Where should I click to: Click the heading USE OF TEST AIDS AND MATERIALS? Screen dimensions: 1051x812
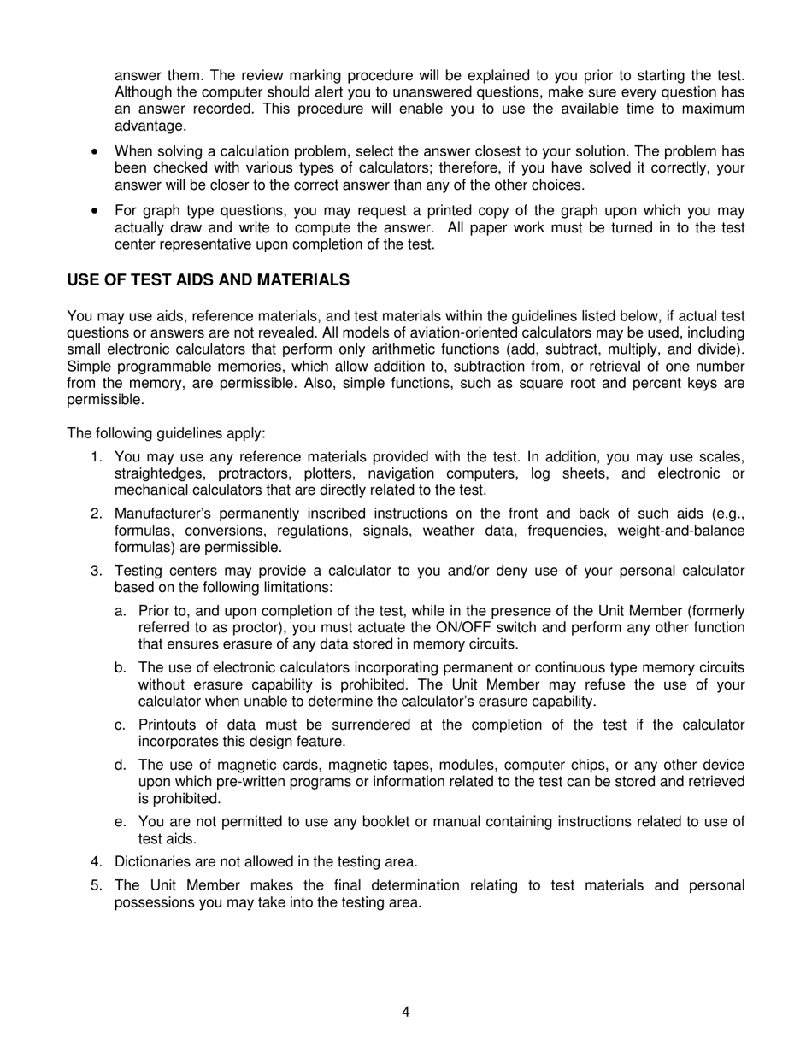pyautogui.click(x=208, y=280)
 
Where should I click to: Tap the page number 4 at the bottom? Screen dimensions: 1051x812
pyautogui.click(x=406, y=1012)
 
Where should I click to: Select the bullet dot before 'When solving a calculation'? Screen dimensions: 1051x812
pyautogui.click(x=95, y=151)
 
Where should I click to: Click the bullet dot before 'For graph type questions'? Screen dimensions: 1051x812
pyautogui.click(x=95, y=211)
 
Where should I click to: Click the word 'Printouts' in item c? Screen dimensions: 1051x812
pyautogui.click(x=168, y=725)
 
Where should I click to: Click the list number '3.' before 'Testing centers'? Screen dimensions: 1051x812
pyautogui.click(x=97, y=571)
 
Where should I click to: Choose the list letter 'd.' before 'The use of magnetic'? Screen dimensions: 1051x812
pyautogui.click(x=121, y=765)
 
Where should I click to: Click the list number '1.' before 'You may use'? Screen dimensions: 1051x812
pyautogui.click(x=97, y=457)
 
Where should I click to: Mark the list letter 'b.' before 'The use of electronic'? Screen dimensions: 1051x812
pyautogui.click(x=121, y=667)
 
